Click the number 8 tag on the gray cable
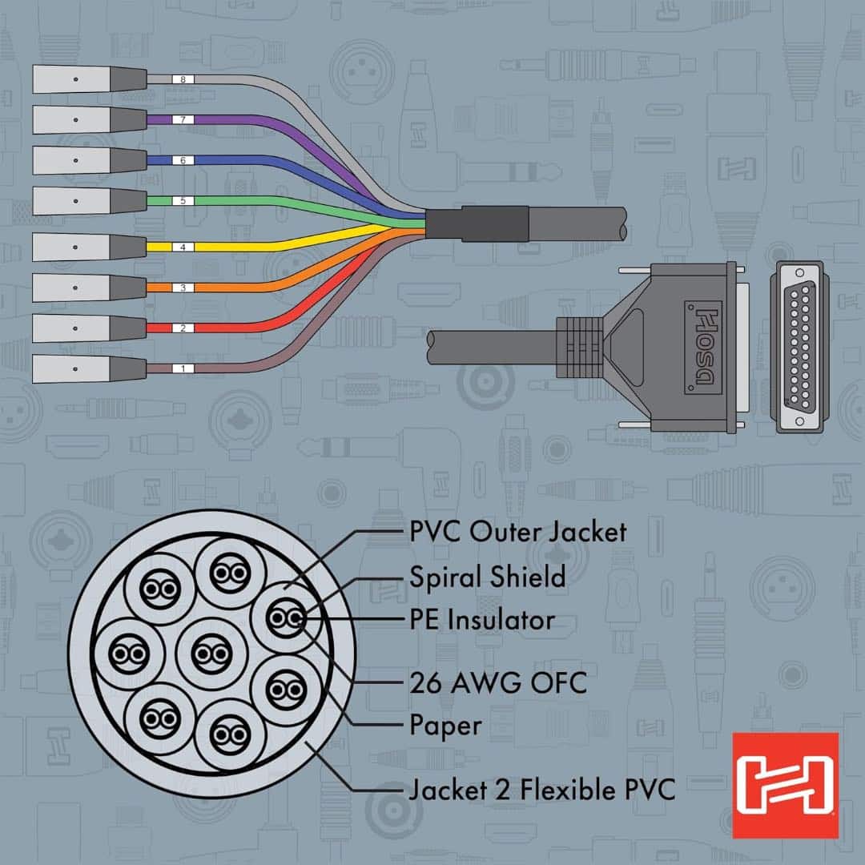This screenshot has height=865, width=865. coord(183,79)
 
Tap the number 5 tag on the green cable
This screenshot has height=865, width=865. coord(183,200)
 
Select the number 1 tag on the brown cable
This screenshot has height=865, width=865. coord(183,368)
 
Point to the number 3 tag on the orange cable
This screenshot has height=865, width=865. coord(183,287)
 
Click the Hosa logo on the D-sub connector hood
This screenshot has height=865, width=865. coord(702,347)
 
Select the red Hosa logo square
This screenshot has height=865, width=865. coord(785,785)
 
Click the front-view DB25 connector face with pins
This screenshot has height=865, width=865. coord(799,347)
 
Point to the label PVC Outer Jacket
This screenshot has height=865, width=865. coord(517,531)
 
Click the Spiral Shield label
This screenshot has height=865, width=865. coord(487,577)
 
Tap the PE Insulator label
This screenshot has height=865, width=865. coord(481,620)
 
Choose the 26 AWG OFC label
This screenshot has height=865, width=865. coord(497,683)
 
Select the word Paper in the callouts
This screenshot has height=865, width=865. coord(445,726)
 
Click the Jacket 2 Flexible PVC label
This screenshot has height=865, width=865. coord(541,791)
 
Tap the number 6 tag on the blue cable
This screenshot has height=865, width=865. coord(183,160)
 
